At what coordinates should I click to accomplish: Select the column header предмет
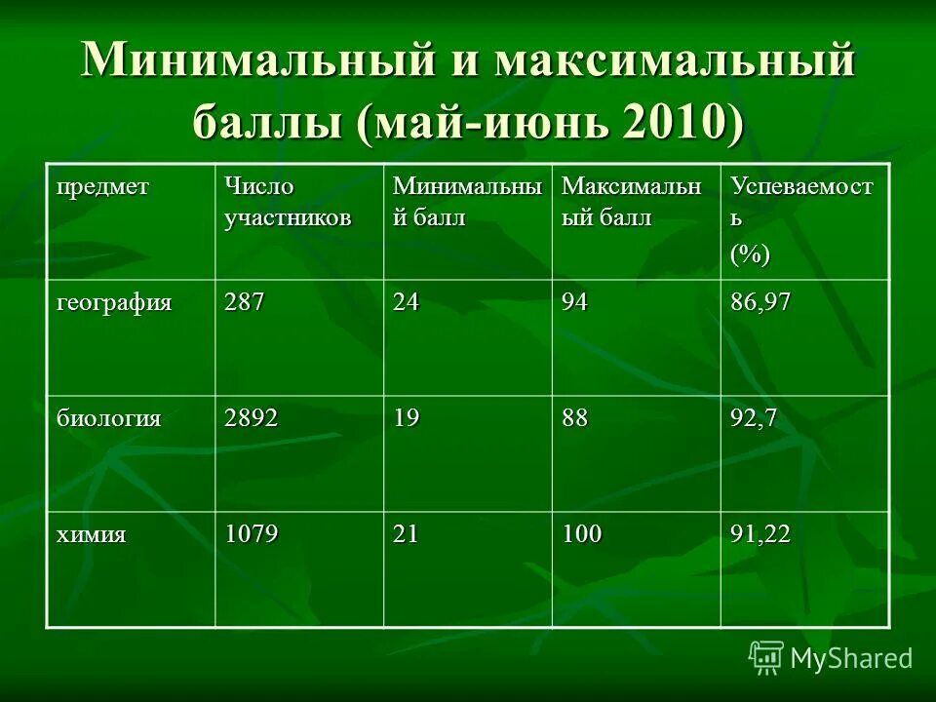102,187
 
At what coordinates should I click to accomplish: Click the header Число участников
287,202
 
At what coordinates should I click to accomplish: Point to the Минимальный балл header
466,202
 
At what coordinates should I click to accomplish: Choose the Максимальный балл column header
632,202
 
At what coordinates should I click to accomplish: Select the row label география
113,302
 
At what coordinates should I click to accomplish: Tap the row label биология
108,418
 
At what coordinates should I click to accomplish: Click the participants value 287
245,302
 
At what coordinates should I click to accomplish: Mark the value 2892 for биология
252,418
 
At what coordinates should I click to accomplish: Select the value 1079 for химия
252,533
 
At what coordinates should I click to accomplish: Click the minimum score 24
407,302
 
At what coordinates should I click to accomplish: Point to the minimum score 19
407,418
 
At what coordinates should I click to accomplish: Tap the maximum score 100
581,533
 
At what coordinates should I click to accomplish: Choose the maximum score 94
575,302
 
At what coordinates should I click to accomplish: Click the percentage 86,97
760,302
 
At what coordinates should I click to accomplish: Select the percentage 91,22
760,533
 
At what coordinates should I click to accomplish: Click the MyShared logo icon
765,658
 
